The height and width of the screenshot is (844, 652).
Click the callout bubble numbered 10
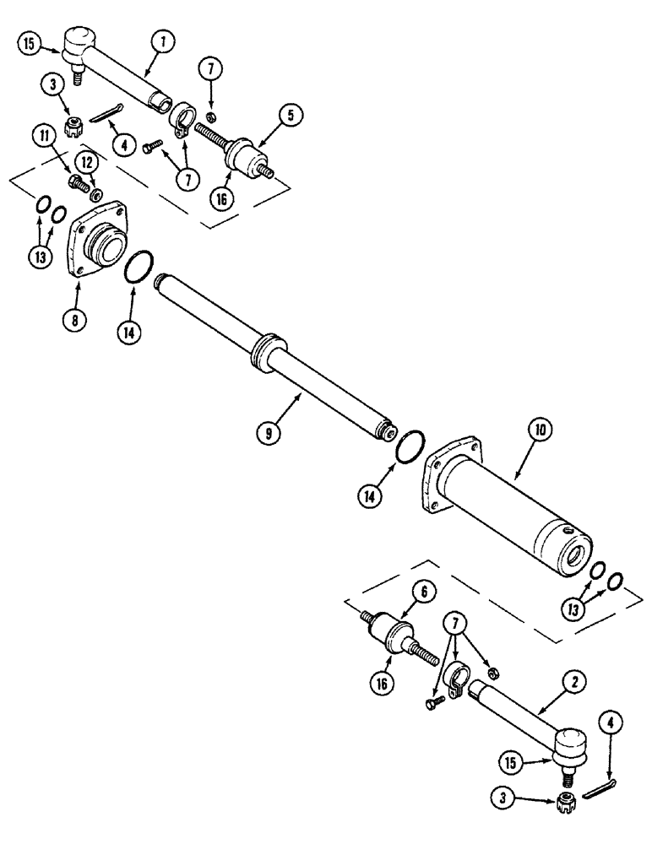tap(541, 429)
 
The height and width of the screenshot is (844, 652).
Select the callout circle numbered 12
tap(86, 159)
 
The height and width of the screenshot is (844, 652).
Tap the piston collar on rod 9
tap(268, 349)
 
